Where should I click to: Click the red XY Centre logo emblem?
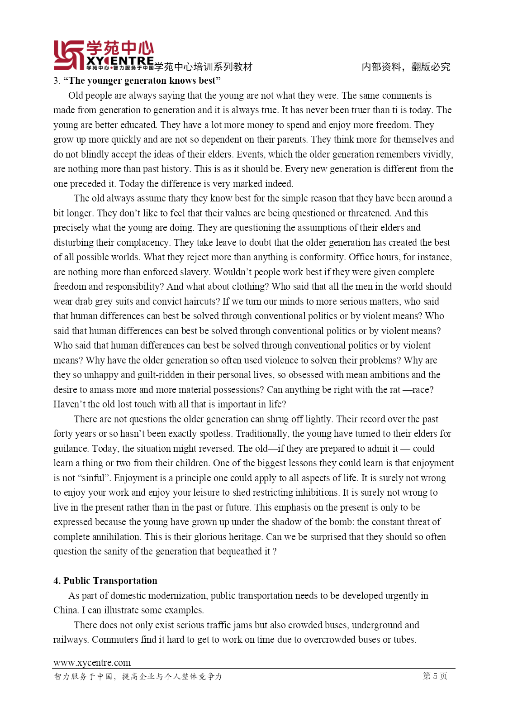69,55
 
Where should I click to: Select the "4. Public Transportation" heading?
105,581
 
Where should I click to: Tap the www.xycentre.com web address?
92,663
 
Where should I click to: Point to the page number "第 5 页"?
435,676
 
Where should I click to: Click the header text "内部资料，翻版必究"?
406,67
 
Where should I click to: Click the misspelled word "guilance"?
71,449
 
